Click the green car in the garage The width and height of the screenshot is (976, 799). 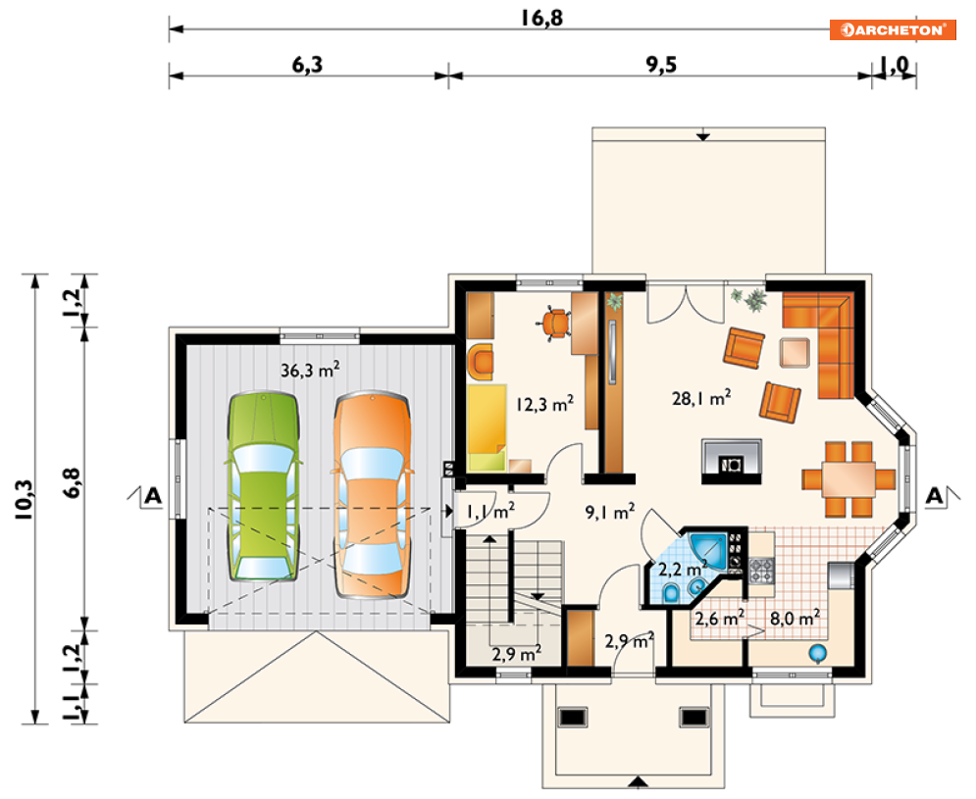(263, 487)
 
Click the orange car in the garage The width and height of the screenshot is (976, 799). (372, 495)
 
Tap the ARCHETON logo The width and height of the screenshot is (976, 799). (892, 29)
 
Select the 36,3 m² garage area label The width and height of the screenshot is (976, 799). (310, 371)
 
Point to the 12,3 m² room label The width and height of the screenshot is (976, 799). (544, 404)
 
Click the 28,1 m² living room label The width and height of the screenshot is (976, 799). (701, 398)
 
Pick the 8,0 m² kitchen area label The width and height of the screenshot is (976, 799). (795, 618)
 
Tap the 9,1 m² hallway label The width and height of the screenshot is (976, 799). (610, 512)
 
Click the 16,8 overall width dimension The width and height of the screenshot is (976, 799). (541, 18)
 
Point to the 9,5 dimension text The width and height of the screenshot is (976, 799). (661, 64)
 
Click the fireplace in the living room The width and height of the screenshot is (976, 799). (732, 462)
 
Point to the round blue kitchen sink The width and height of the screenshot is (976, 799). (817, 653)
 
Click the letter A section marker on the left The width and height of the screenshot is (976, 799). (153, 496)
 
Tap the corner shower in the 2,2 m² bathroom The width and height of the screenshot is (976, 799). (708, 549)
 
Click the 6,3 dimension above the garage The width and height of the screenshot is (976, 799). (307, 64)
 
